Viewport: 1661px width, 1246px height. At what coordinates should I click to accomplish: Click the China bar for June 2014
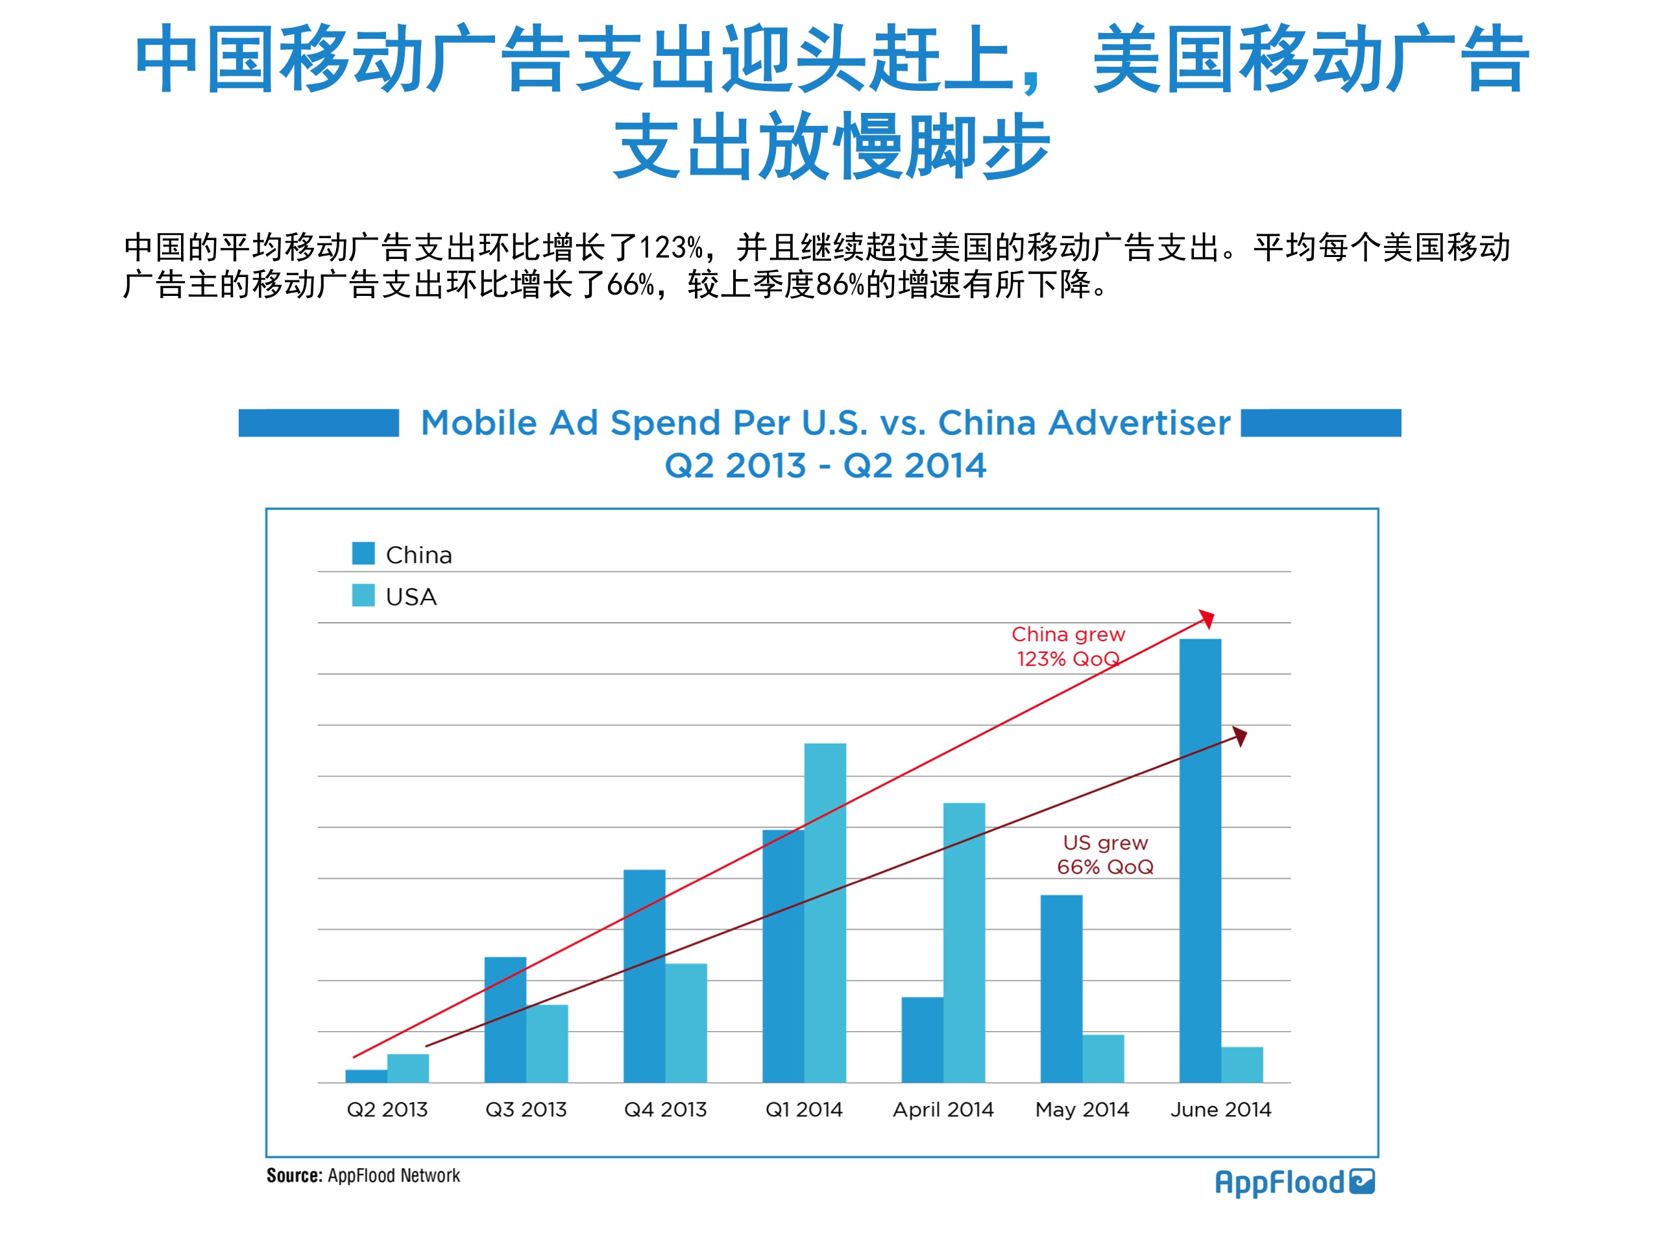[1200, 860]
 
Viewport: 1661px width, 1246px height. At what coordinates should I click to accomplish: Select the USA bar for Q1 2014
[825, 912]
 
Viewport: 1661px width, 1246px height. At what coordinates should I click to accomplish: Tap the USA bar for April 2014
[964, 942]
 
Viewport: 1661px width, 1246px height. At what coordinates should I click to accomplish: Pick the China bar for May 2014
[1061, 988]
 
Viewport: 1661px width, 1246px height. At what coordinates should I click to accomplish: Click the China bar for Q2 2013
[366, 1075]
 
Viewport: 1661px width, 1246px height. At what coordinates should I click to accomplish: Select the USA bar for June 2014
[1242, 1064]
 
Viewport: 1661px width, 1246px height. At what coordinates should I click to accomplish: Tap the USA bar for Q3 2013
[547, 1044]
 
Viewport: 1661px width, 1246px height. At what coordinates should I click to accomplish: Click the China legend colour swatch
[363, 554]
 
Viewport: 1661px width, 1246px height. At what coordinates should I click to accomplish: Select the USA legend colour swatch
[363, 596]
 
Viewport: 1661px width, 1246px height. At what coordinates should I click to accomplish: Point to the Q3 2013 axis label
[526, 1109]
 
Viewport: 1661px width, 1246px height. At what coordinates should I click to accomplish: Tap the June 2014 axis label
[1220, 1109]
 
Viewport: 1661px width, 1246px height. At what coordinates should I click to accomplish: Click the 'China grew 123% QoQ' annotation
[1068, 646]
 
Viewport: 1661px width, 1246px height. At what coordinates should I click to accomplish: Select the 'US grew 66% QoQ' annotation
[1104, 855]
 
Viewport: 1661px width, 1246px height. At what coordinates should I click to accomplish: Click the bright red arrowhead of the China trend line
[1207, 618]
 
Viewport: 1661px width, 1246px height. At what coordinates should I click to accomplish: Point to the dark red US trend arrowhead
[1240, 735]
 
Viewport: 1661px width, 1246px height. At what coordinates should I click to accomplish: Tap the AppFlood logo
[1294, 1182]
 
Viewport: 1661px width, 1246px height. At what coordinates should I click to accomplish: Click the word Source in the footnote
[295, 1175]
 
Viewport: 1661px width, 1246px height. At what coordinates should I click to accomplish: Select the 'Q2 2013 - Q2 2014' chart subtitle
[825, 466]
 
